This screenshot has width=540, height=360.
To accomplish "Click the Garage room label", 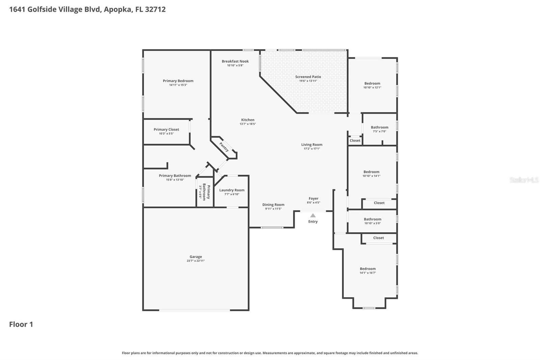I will (x=195, y=257).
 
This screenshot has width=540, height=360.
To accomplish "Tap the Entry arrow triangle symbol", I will (x=313, y=215).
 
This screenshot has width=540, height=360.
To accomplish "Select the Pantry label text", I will (x=224, y=147).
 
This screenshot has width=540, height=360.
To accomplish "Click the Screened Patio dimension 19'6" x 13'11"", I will (x=308, y=81).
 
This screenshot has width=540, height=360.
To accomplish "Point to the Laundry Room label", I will (x=232, y=190).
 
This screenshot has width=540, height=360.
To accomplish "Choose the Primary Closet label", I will (x=166, y=129).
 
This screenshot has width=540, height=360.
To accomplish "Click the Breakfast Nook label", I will (x=235, y=61).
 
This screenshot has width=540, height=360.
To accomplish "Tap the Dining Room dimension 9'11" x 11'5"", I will (x=273, y=209).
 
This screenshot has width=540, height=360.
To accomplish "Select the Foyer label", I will (x=313, y=199).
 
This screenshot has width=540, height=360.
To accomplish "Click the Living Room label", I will (x=312, y=145).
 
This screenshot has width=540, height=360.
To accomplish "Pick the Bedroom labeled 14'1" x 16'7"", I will (x=368, y=269).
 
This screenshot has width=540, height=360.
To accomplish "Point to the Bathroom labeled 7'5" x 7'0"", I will (x=379, y=127).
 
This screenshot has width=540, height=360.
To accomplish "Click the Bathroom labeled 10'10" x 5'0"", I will (x=372, y=219).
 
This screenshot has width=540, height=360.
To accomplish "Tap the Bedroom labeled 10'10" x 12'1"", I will (x=372, y=83).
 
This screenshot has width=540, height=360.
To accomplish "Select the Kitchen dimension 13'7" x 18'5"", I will (x=248, y=124).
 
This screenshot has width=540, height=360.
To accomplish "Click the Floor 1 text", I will (x=21, y=325).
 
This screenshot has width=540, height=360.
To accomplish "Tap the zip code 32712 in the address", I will (x=155, y=9).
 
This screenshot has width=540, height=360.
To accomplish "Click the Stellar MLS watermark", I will (x=524, y=180).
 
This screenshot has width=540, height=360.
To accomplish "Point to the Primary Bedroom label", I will (x=178, y=81).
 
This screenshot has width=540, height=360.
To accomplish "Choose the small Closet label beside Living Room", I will (x=355, y=140).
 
